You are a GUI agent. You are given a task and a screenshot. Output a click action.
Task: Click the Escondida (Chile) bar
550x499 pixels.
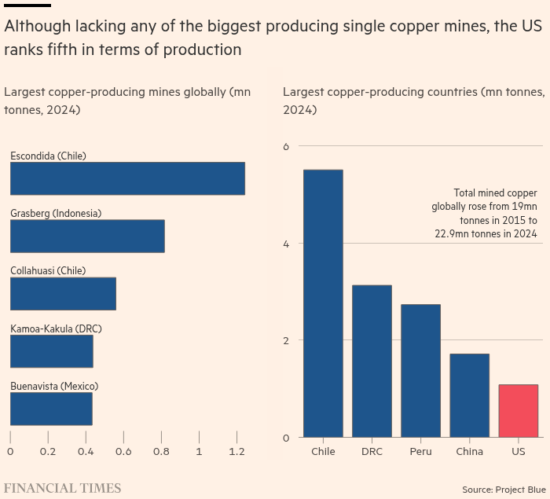[x=127, y=178]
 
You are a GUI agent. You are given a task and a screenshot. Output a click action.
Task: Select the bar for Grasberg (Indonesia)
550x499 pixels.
[x=87, y=237]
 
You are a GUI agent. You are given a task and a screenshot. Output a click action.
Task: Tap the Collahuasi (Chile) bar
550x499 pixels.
[x=63, y=294]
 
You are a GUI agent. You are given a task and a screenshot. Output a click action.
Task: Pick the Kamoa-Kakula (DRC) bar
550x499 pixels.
[x=52, y=351]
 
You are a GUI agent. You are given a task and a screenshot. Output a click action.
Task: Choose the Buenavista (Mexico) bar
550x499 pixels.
[x=51, y=409]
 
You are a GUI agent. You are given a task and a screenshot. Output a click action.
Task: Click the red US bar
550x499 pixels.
[x=519, y=411]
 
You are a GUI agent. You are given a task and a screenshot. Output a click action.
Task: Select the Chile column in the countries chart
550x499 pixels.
[x=323, y=303]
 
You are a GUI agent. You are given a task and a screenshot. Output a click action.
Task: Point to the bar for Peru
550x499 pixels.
[x=420, y=371]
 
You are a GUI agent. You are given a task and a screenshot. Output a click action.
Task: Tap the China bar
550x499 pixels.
[x=469, y=395]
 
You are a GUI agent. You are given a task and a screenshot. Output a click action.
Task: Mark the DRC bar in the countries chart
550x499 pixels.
[x=372, y=361]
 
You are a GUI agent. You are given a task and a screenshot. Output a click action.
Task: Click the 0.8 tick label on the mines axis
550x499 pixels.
[x=161, y=451]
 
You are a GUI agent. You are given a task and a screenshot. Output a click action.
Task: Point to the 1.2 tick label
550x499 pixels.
[x=236, y=451]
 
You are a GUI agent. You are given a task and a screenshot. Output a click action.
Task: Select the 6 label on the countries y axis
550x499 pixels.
[x=286, y=146]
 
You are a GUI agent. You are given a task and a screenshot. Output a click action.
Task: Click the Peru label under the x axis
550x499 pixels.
[x=420, y=451]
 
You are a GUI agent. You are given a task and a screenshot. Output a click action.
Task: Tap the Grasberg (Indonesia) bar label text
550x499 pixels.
[x=56, y=214]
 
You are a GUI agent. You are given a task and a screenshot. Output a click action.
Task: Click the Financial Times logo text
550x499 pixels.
[x=62, y=488]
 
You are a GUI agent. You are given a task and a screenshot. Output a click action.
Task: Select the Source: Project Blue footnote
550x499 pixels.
[x=504, y=490]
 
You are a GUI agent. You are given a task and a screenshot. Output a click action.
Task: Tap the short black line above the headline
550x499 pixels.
[x=27, y=6]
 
